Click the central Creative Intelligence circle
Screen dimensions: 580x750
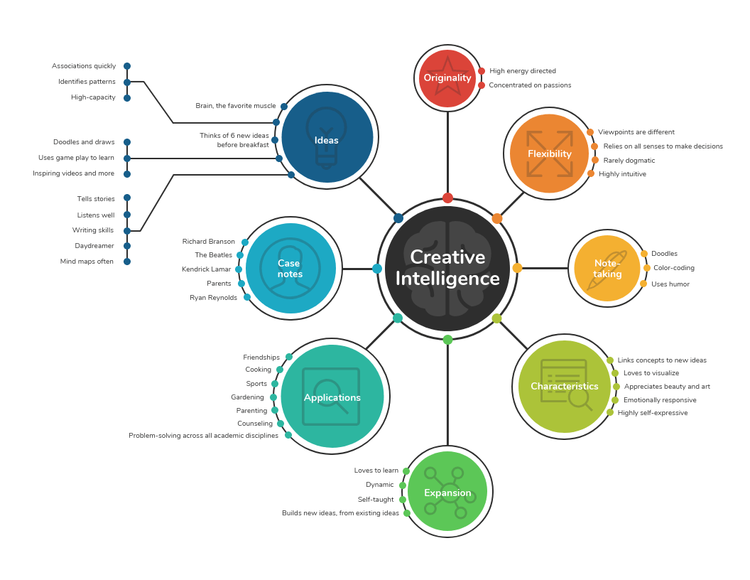tap(447, 268)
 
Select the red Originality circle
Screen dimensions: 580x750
tap(447, 78)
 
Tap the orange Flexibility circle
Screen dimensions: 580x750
tap(549, 154)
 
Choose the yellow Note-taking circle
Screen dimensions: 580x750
tap(607, 269)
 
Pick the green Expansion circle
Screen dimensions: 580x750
tap(447, 492)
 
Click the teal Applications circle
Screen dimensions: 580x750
tap(332, 397)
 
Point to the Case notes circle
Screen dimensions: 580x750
tap(290, 269)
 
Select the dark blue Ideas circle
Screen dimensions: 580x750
tap(327, 137)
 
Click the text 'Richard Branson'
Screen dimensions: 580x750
tap(209, 242)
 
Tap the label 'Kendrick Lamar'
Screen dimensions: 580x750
tap(207, 269)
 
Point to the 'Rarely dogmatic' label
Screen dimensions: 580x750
tap(629, 161)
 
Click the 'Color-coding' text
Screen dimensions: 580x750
tap(674, 268)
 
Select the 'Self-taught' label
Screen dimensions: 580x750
tap(376, 500)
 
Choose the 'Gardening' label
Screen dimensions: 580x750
tap(247, 397)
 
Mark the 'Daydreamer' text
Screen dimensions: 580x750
tap(94, 246)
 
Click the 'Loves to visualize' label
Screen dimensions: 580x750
tap(651, 373)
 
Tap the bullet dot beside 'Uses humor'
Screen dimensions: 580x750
tap(643, 284)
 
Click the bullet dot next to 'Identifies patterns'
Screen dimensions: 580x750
tap(127, 82)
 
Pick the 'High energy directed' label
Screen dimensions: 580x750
tap(523, 71)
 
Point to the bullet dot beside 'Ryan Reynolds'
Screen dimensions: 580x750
tap(247, 297)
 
